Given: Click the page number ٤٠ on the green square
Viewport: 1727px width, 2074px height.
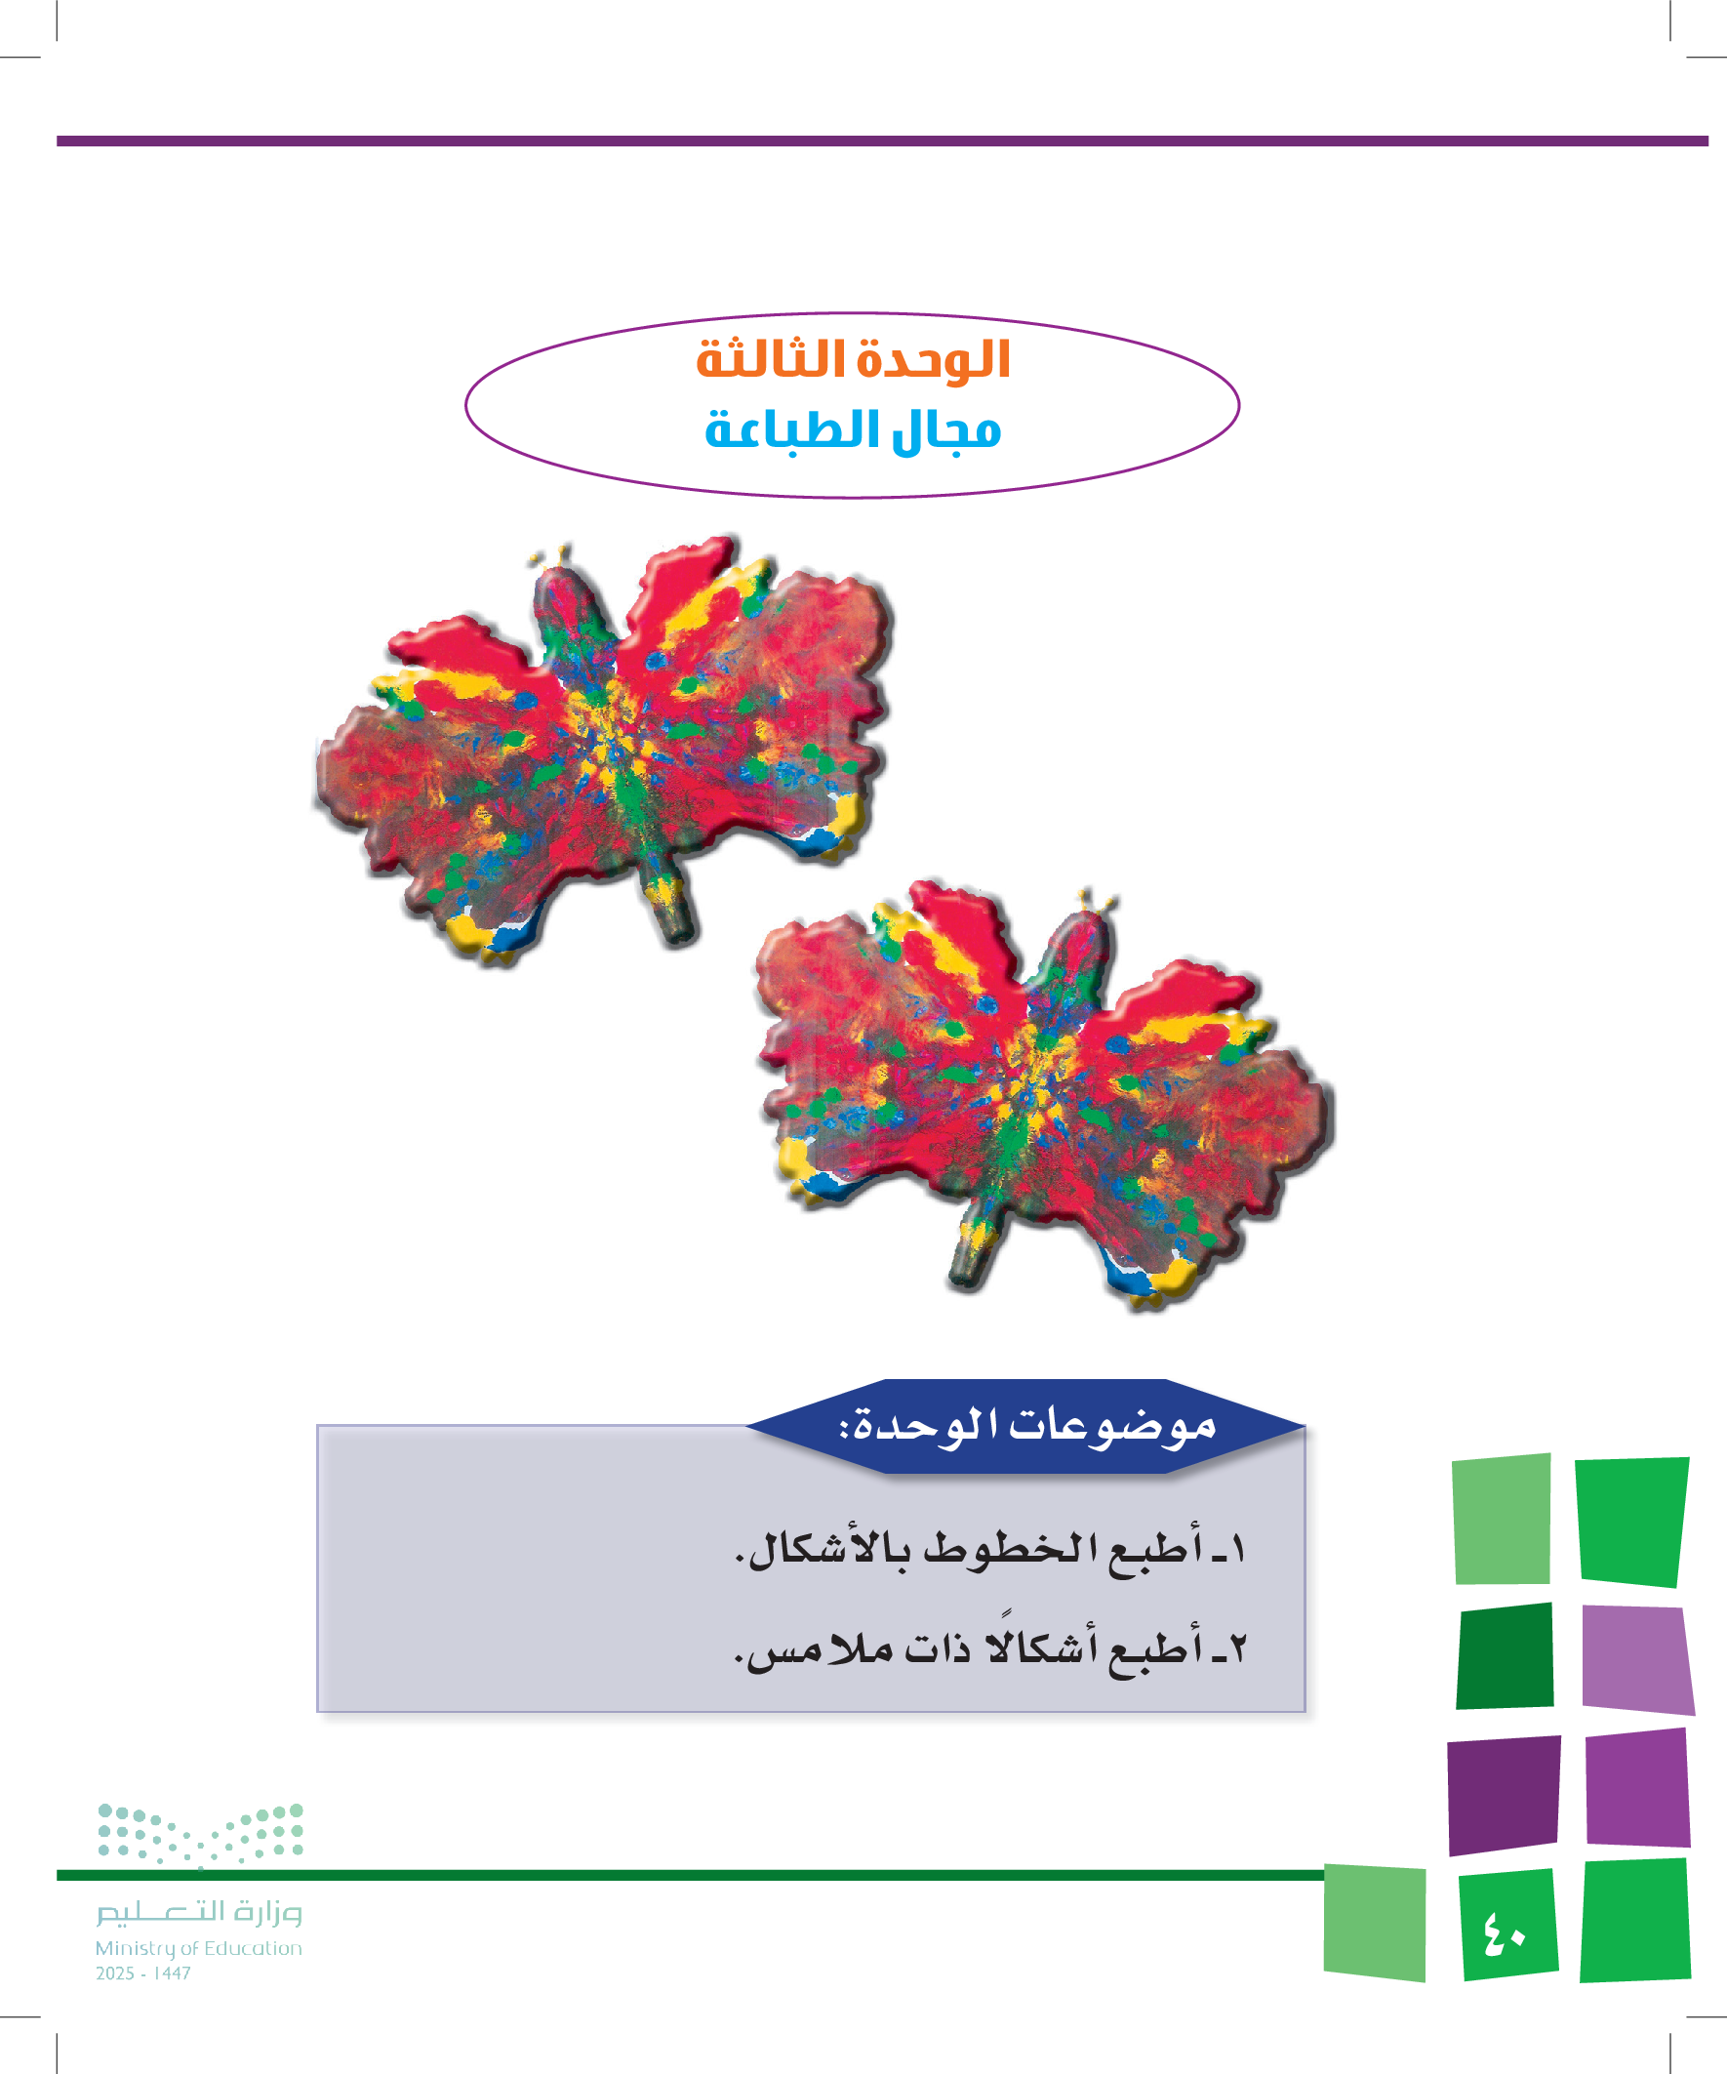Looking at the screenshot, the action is pos(1504,1932).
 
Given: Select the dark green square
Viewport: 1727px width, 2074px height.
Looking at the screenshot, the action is pos(1505,1655).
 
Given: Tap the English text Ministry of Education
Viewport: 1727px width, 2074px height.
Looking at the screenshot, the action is pos(198,1948).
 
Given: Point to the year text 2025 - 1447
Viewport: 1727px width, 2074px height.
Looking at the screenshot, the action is pos(143,1973).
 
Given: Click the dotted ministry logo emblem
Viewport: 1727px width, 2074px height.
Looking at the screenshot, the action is pos(200,1836).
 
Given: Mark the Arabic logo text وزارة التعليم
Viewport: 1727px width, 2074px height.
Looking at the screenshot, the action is pos(199,1912).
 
